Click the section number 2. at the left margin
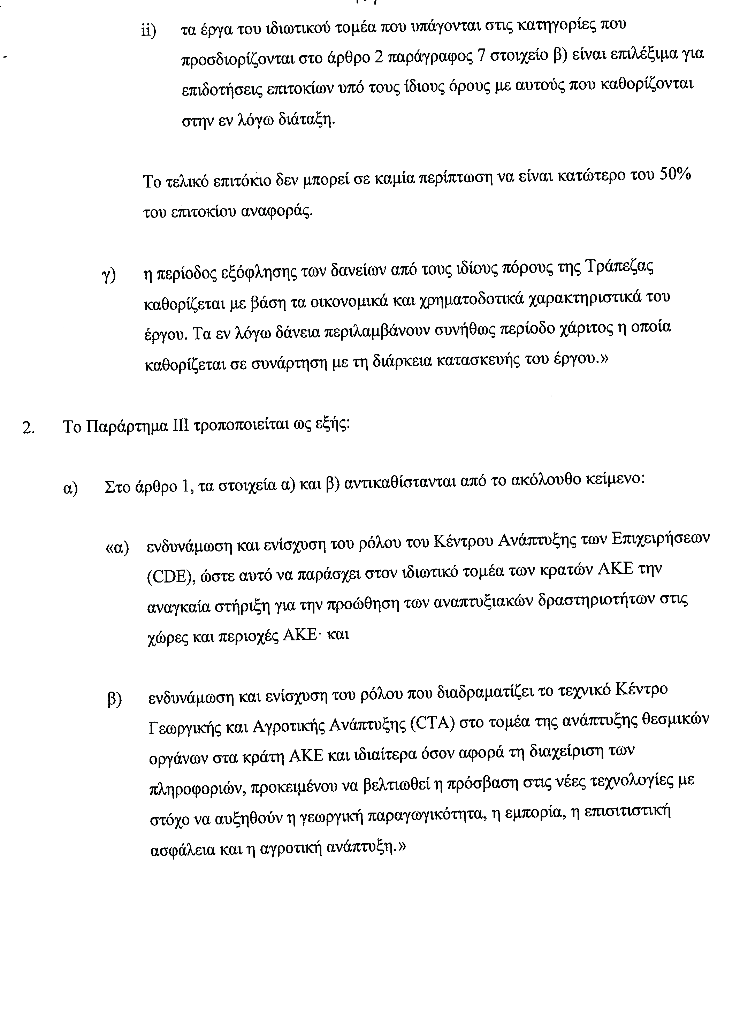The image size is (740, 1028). pyautogui.click(x=28, y=427)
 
